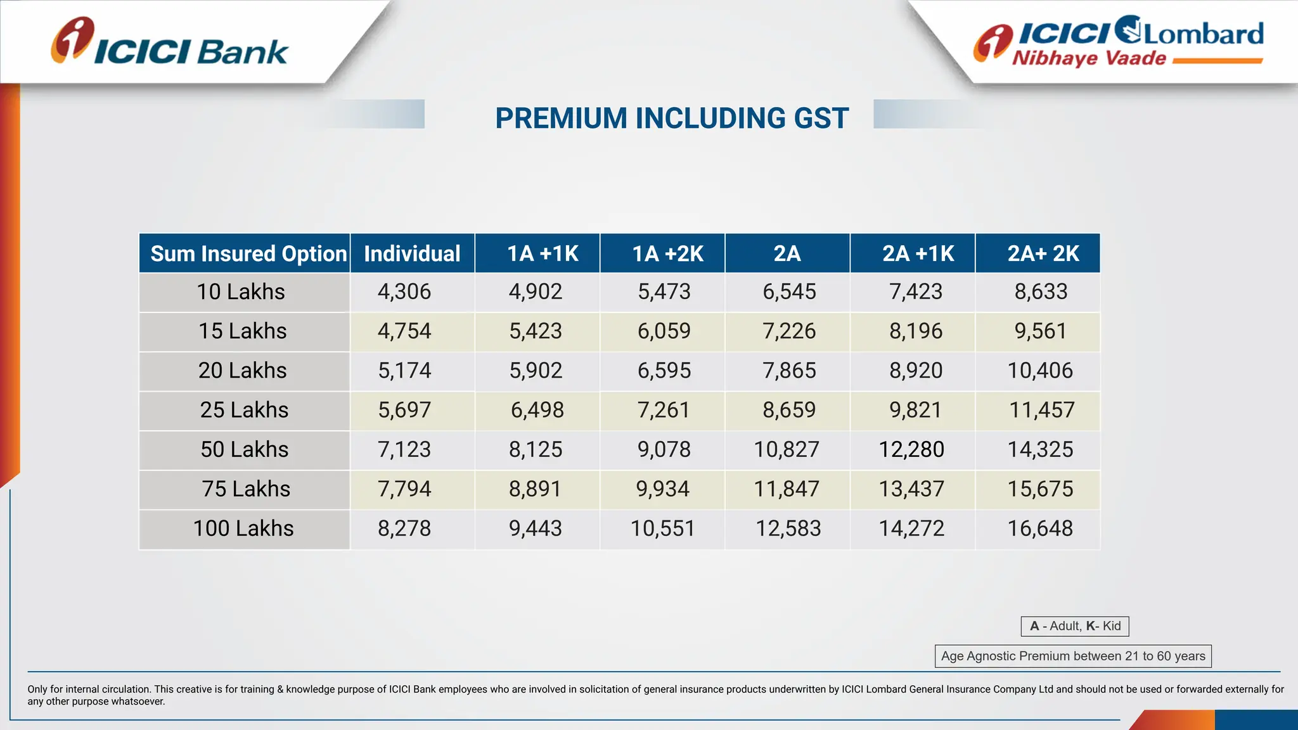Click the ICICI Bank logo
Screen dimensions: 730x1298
[170, 43]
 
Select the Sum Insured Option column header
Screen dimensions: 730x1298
[245, 253]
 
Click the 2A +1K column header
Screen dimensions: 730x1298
[917, 253]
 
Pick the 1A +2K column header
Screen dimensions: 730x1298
[667, 253]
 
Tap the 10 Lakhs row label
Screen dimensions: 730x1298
[241, 291]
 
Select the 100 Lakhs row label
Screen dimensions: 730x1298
[243, 528]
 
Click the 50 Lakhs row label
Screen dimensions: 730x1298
[245, 449]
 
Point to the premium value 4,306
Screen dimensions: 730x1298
[404, 291]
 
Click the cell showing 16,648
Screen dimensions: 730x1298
[1040, 528]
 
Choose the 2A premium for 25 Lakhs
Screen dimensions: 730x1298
[789, 410]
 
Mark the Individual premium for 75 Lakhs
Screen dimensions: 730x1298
[404, 489]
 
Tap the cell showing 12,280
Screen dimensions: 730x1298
[911, 449]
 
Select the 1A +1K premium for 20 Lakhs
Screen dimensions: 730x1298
[536, 371]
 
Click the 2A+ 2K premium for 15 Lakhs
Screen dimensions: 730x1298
[1040, 331]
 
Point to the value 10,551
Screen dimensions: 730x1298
[662, 528]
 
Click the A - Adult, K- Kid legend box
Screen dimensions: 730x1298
[1075, 626]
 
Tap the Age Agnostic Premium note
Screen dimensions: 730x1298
[1073, 656]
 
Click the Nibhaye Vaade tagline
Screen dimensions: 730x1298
[1089, 58]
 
